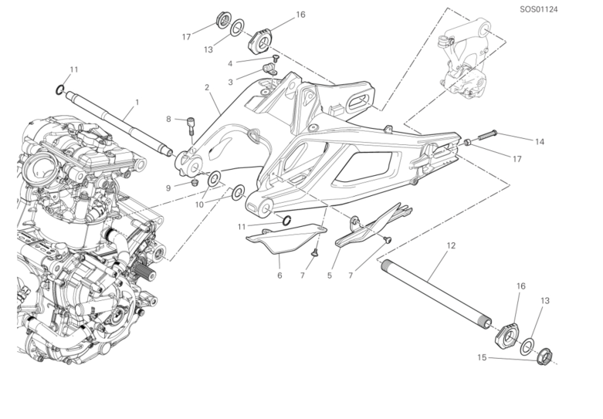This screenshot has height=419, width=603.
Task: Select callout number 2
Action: point(207,88)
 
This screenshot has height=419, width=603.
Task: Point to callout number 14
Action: point(540,142)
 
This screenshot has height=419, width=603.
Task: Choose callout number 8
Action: point(168,119)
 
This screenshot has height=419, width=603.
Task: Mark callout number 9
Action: point(168,187)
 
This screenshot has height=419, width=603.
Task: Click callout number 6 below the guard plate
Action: point(280,274)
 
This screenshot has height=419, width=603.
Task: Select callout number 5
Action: point(330,274)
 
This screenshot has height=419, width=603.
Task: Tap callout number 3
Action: point(230,81)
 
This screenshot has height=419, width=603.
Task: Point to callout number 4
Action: point(230,63)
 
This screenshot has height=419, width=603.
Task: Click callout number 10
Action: point(200,204)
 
